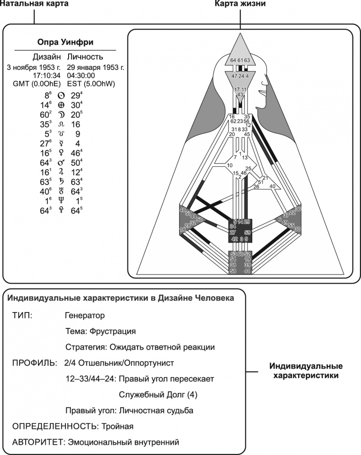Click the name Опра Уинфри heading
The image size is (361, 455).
click(65, 42)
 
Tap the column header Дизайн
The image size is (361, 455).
click(46, 57)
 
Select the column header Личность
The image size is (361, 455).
click(85, 57)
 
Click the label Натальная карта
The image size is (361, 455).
click(34, 4)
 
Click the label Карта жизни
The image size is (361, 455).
click(240, 4)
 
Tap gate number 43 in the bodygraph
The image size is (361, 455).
click(240, 94)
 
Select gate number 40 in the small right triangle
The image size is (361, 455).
click(272, 186)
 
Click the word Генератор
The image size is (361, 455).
click(85, 315)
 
